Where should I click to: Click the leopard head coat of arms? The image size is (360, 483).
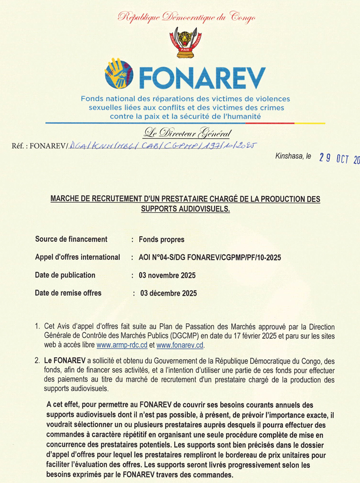click(180, 43)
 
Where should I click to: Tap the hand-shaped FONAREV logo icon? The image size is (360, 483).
click(119, 75)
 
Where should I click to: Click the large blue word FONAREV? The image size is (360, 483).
click(202, 77)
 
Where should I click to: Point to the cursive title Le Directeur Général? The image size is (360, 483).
click(187, 134)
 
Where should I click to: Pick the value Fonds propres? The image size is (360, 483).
click(162, 239)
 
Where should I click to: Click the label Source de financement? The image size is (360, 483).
click(71, 239)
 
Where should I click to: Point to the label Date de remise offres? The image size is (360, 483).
click(68, 293)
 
